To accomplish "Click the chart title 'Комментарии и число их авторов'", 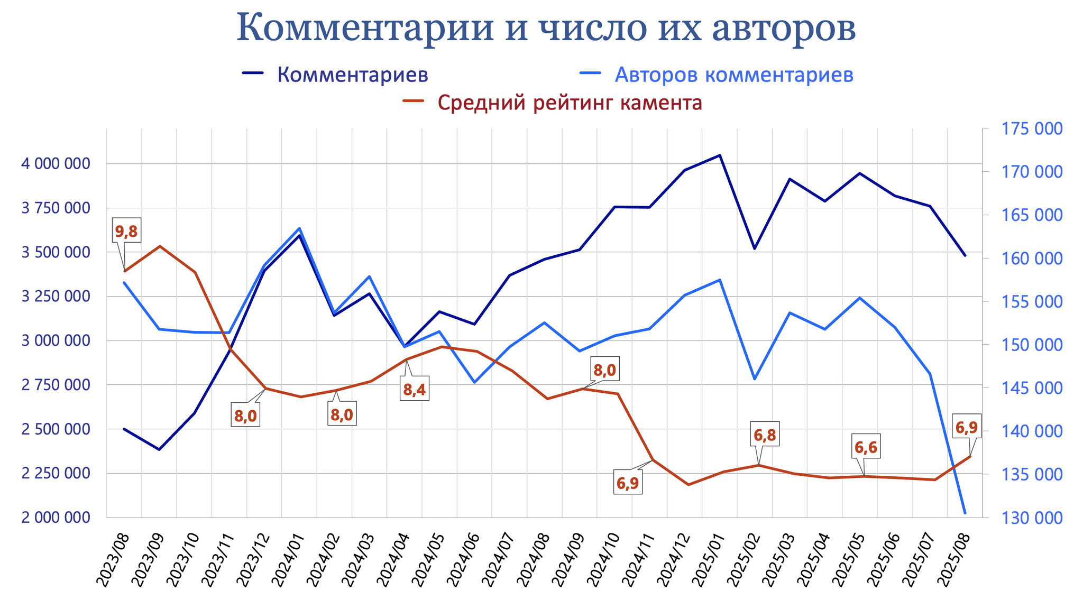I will (546, 27).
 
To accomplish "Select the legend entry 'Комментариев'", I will (352, 75).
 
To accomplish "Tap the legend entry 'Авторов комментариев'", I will (733, 75).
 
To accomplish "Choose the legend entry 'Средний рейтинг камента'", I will (570, 103).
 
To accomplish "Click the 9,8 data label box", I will (126, 231).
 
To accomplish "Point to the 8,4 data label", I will (414, 390).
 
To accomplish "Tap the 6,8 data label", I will (765, 435).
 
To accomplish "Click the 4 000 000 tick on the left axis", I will (56, 164).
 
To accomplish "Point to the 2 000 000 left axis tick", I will (56, 517).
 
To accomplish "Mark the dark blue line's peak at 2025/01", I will (720, 155).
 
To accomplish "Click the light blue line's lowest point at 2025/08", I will (965, 513).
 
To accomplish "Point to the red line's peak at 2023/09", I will (160, 246).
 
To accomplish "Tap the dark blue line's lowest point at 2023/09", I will (159, 449).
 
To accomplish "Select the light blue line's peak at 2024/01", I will (299, 228).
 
